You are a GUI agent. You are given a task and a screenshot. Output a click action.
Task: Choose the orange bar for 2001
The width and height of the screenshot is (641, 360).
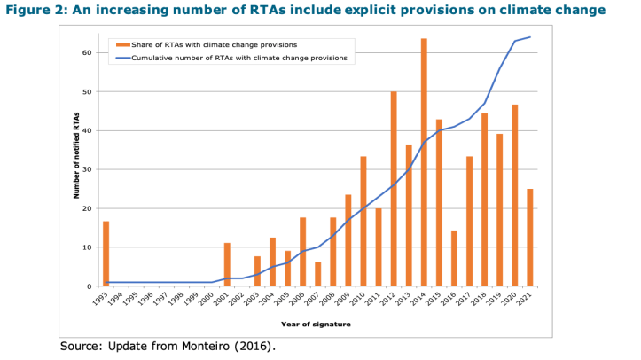(227, 264)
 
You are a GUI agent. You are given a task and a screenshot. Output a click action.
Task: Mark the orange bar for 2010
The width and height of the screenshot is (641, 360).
(363, 221)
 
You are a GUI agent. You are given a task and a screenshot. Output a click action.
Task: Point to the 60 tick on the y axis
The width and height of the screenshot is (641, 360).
(88, 52)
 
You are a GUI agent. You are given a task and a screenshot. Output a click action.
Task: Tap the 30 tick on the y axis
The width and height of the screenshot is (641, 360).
(88, 169)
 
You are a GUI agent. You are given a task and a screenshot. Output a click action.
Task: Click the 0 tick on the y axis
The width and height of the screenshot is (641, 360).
(90, 286)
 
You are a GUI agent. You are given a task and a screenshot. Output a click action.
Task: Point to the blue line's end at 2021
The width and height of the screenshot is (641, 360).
(530, 37)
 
